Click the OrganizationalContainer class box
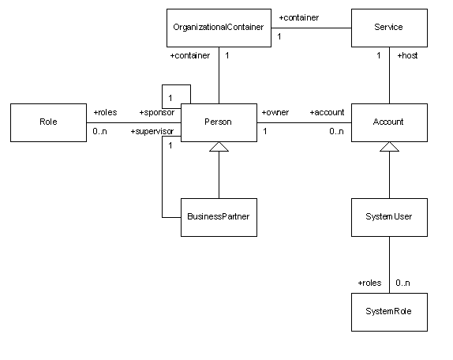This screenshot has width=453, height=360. click(x=219, y=28)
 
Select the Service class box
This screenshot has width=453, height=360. click(x=389, y=28)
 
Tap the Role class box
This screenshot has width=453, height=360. click(x=49, y=122)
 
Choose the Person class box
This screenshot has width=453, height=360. click(x=219, y=122)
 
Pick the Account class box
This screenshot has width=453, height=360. click(x=389, y=122)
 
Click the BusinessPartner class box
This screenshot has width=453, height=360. click(x=219, y=217)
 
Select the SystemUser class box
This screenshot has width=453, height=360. click(x=389, y=217)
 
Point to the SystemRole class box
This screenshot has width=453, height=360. click(x=389, y=312)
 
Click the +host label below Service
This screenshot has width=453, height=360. click(x=408, y=55)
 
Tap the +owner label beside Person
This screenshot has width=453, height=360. click(x=275, y=112)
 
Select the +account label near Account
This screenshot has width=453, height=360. click(x=327, y=112)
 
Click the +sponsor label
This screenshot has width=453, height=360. click(x=157, y=112)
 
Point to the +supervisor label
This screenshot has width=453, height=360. click(x=152, y=132)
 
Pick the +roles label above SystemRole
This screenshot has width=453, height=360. click(x=369, y=283)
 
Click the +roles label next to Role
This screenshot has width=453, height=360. click(x=105, y=112)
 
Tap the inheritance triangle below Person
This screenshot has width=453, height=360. click(x=219, y=147)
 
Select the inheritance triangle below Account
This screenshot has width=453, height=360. click(x=389, y=147)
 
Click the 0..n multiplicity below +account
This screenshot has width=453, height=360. click(x=336, y=132)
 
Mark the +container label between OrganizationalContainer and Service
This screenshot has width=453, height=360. click(x=299, y=17)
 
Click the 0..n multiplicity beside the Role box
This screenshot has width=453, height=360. click(x=99, y=132)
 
